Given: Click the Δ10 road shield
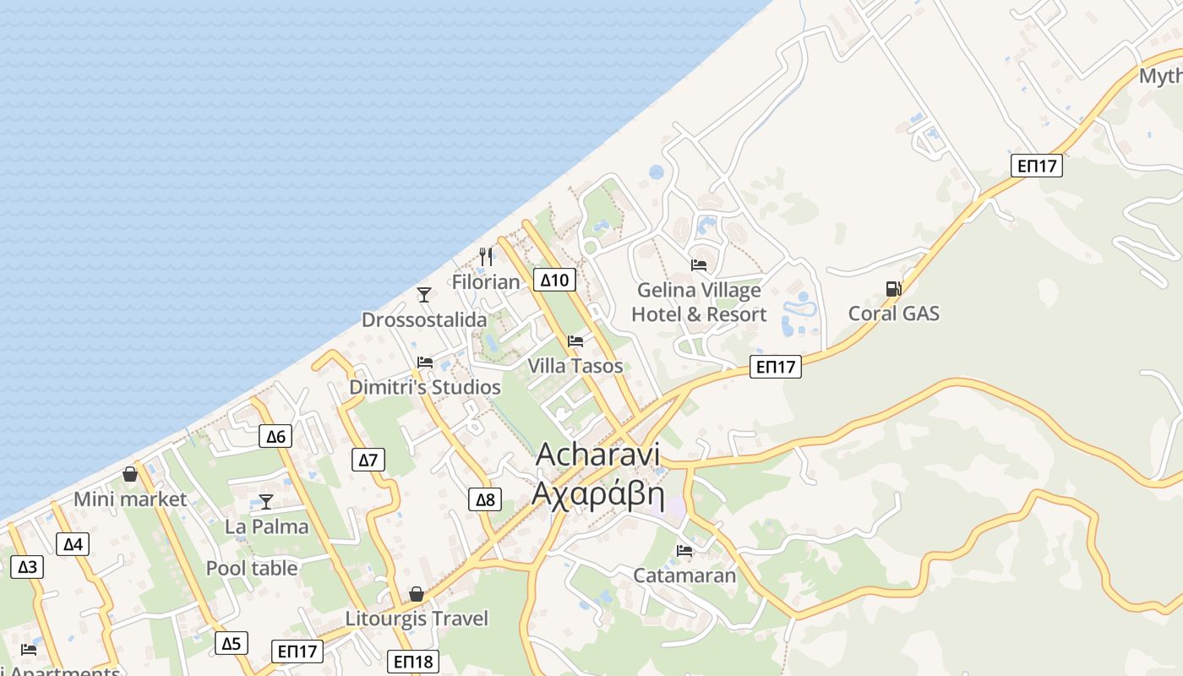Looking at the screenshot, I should coord(557,280).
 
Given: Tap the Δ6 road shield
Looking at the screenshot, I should coord(275,436).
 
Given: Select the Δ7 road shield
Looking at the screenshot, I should coord(368,460).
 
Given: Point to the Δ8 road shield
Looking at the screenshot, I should coord(485,499).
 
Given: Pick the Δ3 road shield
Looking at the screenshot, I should coord(27,566).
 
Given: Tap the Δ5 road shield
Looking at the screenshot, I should coord(231,643).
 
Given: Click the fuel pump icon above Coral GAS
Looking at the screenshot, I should coord(893,289).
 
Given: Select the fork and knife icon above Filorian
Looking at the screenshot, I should coord(486,256).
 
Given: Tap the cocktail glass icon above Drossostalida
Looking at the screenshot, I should coord(424,294).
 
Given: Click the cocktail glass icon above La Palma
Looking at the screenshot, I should coord(266,501).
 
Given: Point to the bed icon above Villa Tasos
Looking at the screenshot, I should coord(575,341).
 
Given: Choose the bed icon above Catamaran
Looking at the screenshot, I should coord(684,551).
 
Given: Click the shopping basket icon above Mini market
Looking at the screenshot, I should coord(130,474).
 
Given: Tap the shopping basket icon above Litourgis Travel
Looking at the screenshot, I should coord(416,594).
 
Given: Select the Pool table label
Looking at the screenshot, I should coord(252,568).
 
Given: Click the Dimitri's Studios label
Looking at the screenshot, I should coord(425,387).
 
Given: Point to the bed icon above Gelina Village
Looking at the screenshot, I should coord(699,265).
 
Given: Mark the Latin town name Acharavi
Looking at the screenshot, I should coord(597,454).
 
